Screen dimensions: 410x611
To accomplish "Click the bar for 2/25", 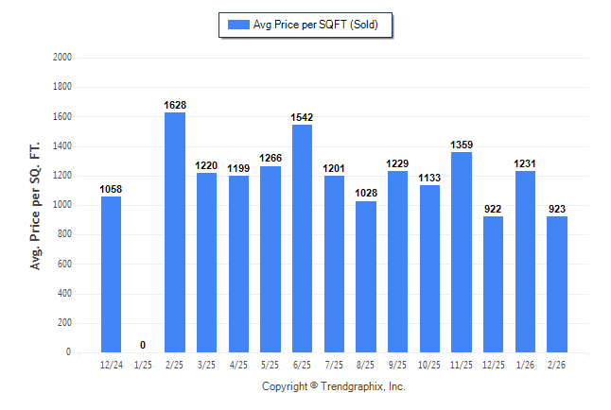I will tap(174, 232).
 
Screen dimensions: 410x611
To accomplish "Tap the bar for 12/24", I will tap(111, 274).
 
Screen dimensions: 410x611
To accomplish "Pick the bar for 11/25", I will tap(461, 252).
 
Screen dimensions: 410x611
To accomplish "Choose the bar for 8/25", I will tap(365, 277).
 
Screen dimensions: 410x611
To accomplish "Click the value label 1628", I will tap(174, 105).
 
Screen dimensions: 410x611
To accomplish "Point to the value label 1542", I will tap(302, 117).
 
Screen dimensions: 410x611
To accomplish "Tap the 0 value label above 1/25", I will tap(143, 345).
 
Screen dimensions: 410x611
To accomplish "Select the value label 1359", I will tap(461, 145).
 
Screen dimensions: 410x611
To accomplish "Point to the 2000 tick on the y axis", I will tap(63, 58).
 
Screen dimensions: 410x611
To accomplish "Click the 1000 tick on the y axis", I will tap(63, 205).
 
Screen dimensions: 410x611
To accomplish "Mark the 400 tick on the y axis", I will tap(65, 294).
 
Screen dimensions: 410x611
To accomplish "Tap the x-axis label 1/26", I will tap(524, 364).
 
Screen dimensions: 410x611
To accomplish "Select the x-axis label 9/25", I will tap(397, 364).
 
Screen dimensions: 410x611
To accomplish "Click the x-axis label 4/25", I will tap(238, 364).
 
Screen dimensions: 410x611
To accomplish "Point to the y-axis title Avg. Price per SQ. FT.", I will tap(36, 205).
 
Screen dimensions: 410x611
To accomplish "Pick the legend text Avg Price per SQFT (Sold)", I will tap(316, 25).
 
